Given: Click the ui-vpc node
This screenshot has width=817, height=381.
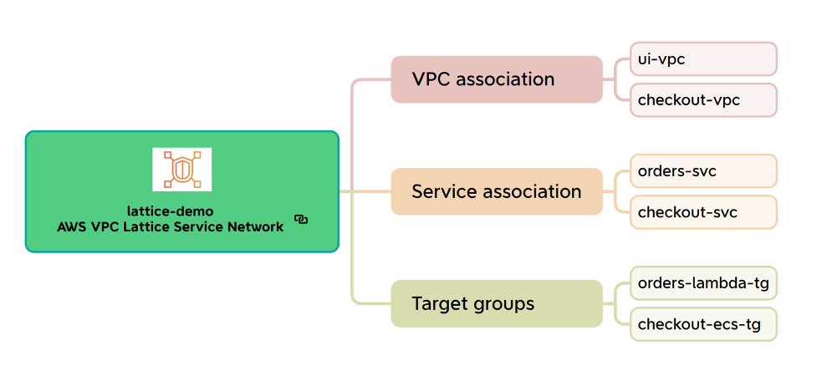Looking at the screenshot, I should (703, 59).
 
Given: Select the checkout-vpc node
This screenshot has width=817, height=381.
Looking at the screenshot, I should (703, 100).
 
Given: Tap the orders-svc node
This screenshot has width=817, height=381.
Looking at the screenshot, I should (703, 171).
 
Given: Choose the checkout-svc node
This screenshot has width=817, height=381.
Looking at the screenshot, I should (703, 212).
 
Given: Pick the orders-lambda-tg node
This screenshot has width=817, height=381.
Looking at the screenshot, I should (703, 283).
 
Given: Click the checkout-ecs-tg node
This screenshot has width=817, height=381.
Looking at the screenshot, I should (703, 324).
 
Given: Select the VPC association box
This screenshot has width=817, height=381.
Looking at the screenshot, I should (497, 79).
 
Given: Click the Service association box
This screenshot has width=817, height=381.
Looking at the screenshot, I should (497, 191).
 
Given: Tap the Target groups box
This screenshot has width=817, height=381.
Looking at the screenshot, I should (497, 303).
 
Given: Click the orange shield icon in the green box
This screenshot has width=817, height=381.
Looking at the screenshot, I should (181, 169).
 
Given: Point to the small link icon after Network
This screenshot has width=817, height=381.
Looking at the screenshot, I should (301, 220).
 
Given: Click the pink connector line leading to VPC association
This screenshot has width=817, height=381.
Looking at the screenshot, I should (353, 125).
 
